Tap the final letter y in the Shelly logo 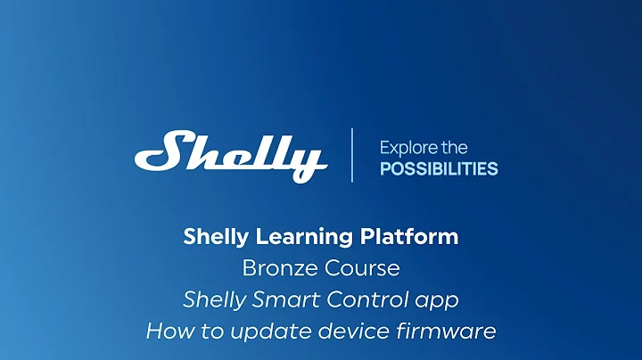(308, 162)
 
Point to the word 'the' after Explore (454, 147)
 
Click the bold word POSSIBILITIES (439, 169)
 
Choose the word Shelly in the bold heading (214, 237)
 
